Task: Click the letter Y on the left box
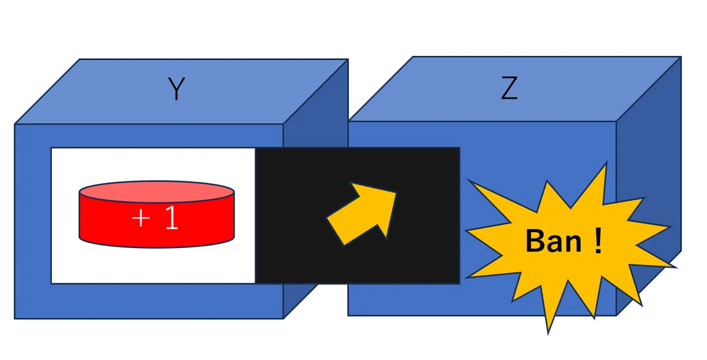176,88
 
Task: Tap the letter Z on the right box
509,88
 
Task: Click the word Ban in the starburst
553,241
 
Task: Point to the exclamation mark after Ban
598,241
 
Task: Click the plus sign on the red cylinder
141,218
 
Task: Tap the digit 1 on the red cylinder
171,217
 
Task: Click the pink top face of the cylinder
157,191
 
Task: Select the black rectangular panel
357,216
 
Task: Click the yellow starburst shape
568,243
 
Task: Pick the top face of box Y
181,91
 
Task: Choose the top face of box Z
514,89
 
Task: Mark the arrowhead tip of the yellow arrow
396,192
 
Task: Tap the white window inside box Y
153,216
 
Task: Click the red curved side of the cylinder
157,230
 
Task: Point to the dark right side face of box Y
316,136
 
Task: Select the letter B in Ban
534,241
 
